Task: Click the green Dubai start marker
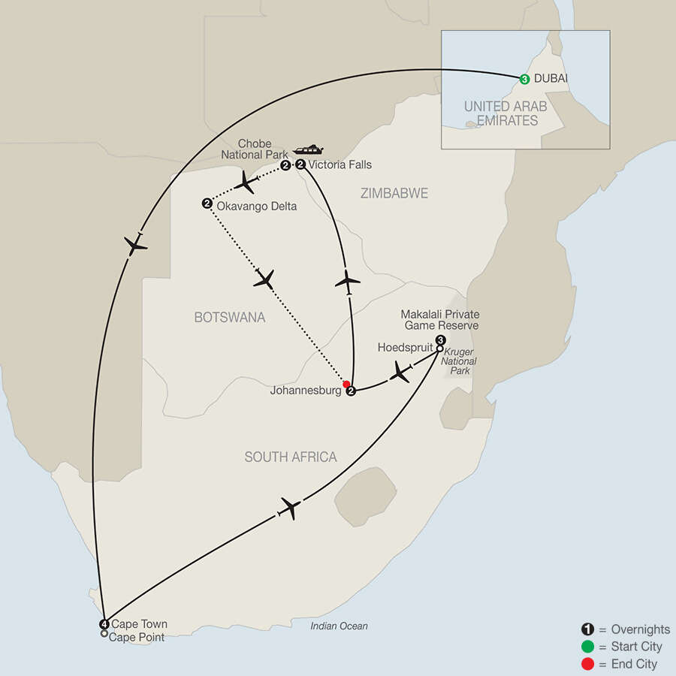524,79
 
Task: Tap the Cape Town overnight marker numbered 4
104,624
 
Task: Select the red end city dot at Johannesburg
346,385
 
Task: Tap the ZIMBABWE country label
394,194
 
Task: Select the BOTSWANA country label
230,318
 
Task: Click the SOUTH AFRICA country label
290,457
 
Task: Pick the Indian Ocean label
340,626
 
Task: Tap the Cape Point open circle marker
104,635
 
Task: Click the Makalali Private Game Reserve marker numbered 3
439,340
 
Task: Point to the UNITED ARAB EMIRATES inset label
502,113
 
